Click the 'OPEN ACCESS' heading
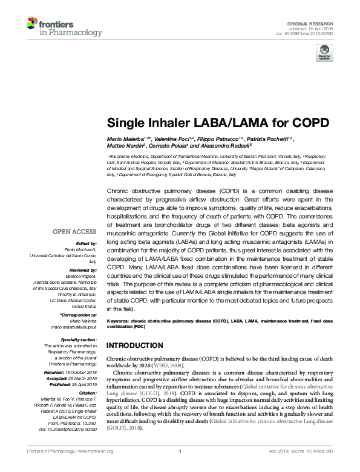[74, 231]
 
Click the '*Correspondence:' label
[78, 315]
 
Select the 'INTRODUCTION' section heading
[135, 345]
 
